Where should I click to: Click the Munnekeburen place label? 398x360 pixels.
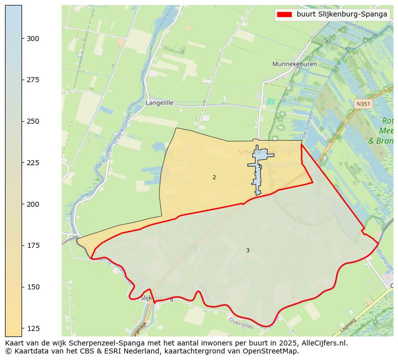(x=292, y=64)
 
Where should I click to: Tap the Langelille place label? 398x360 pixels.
(x=159, y=103)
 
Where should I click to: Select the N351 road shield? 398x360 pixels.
(x=362, y=104)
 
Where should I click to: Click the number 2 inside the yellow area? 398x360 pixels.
(x=214, y=178)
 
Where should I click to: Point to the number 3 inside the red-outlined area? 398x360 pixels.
(x=248, y=250)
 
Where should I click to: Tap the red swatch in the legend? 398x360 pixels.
(x=285, y=15)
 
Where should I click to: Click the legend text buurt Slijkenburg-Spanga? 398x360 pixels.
(x=342, y=15)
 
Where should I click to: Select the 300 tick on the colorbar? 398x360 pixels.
(x=33, y=39)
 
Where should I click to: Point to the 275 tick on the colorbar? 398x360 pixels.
(x=33, y=80)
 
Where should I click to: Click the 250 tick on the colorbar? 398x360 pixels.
(x=33, y=121)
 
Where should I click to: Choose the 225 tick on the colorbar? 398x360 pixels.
(x=33, y=163)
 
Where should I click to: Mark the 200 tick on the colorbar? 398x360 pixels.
(x=33, y=204)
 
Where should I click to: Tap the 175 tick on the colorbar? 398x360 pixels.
(x=33, y=245)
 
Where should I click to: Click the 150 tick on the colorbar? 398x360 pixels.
(x=33, y=287)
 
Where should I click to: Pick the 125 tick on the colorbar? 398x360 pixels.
(x=33, y=328)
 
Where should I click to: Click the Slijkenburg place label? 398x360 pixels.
(x=157, y=298)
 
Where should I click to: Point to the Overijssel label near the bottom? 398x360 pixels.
(x=241, y=322)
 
